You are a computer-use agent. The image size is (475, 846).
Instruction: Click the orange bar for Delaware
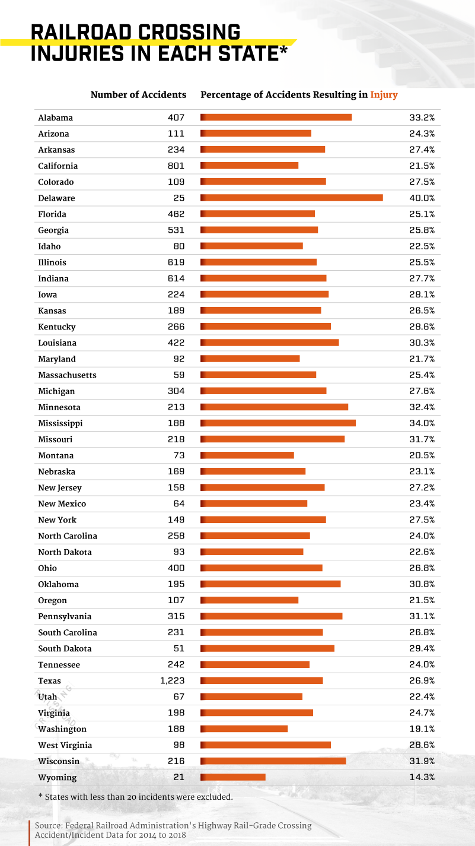click(x=292, y=198)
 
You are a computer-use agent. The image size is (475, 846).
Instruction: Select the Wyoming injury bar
click(x=233, y=777)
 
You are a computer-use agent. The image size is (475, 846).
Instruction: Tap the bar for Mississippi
click(x=278, y=423)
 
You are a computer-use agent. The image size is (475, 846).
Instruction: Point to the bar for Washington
click(x=244, y=729)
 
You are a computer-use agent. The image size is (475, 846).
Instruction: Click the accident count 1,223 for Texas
click(x=173, y=681)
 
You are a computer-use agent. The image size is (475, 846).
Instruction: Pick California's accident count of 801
click(x=176, y=166)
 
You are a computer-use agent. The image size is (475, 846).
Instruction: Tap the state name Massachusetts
click(x=67, y=375)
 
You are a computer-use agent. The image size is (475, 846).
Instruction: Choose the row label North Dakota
click(x=65, y=552)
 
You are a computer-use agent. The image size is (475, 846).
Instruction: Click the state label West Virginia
click(x=65, y=745)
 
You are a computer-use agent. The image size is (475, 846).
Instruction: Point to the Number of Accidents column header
click(x=138, y=95)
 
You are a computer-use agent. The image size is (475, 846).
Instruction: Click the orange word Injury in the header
click(x=384, y=95)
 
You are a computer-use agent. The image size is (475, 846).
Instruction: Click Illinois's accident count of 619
click(x=176, y=262)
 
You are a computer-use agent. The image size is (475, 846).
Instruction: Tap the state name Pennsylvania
click(x=65, y=616)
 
